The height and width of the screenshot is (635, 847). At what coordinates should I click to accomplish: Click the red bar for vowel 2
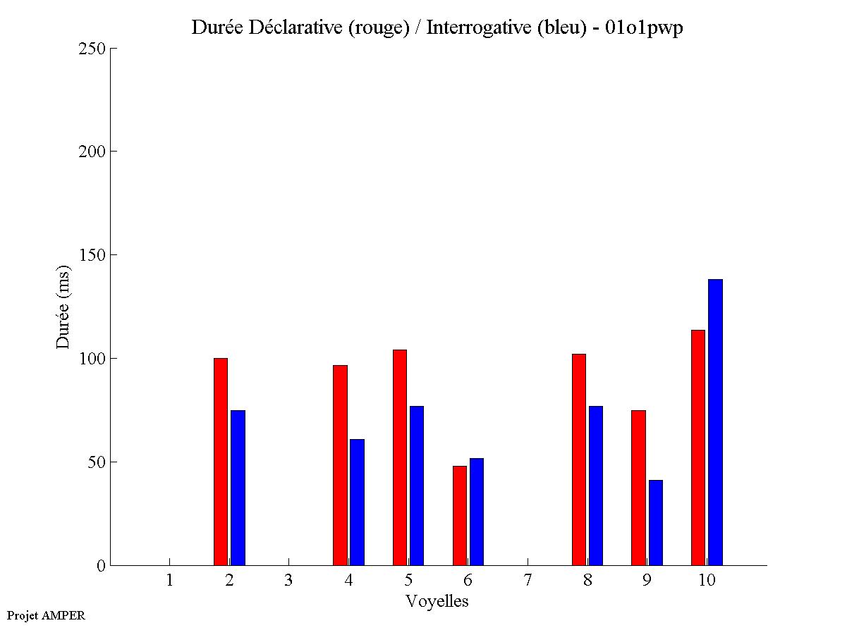(x=221, y=462)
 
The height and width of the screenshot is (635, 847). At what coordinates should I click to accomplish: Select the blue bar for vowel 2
(x=238, y=488)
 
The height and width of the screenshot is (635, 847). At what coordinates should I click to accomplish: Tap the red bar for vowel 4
(x=340, y=465)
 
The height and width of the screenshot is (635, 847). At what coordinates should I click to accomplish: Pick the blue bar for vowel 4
(x=357, y=502)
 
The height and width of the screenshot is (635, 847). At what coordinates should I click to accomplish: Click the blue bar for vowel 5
(x=417, y=486)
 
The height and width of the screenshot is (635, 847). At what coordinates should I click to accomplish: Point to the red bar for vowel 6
(x=460, y=515)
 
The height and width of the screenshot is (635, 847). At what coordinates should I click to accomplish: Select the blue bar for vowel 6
(x=477, y=512)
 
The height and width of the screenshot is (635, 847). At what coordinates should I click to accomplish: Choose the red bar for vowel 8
(x=579, y=460)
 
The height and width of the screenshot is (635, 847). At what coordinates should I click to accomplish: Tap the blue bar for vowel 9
(x=656, y=522)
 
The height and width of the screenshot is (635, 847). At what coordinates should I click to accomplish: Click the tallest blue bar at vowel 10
(x=715, y=422)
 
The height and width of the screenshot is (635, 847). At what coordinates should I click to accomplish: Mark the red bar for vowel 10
(x=698, y=448)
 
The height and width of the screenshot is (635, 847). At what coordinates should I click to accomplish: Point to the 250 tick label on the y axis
(x=92, y=49)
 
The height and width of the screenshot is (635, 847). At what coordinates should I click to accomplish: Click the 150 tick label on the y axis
(x=92, y=255)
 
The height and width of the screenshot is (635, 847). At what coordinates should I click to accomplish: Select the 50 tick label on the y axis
(x=96, y=462)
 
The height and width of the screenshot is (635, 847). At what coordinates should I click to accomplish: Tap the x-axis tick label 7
(x=528, y=580)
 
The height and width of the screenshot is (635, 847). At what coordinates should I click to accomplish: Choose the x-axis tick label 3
(x=288, y=580)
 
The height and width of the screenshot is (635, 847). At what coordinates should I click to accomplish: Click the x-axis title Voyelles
(x=437, y=601)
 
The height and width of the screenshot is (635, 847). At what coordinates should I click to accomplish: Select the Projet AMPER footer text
(x=46, y=615)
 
